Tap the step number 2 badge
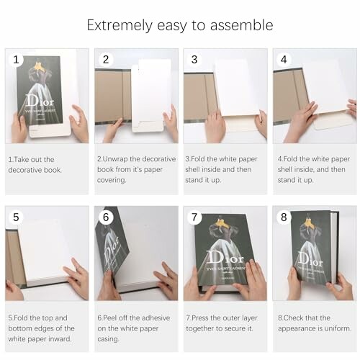105,60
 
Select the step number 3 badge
194,60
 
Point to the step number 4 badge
284,60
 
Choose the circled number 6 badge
105,217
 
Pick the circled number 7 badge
194,217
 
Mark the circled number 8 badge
284,217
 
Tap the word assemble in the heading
243,25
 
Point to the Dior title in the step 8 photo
310,256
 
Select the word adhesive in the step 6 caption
154,318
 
